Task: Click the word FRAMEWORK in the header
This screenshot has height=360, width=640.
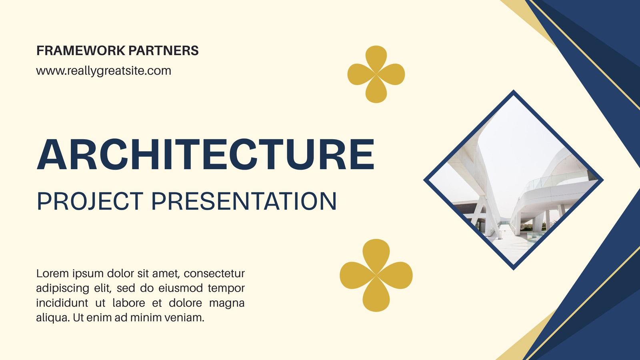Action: pos(81,50)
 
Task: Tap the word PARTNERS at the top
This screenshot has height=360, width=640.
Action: pos(164,50)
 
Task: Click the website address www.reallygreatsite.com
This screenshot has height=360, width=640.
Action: pos(104,71)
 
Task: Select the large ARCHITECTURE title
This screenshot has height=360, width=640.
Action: pos(206,154)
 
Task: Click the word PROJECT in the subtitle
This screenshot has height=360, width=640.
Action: pos(90,201)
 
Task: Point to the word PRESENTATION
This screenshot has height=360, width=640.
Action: pos(244,201)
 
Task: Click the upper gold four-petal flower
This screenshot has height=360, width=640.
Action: pos(376,74)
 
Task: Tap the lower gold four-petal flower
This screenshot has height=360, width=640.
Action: pos(376,275)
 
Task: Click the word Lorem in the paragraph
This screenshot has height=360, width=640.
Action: pos(52,274)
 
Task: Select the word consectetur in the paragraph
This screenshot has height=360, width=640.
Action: pos(214,274)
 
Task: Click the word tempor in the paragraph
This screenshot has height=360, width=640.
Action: pos(226,288)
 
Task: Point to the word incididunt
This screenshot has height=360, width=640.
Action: pos(62,302)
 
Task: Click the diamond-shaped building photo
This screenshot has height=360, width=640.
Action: pos(514,180)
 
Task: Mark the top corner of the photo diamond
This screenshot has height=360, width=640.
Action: pos(514,90)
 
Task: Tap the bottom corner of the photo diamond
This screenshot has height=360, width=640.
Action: pos(514,270)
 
